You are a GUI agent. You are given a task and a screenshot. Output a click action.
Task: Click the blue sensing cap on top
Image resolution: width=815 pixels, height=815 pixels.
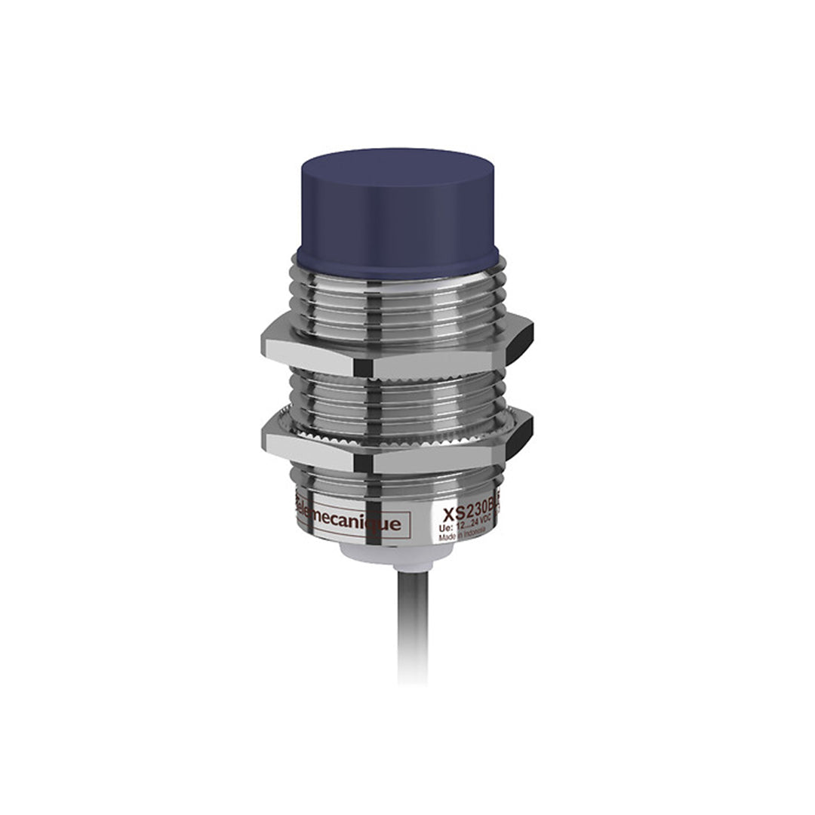click(x=400, y=211)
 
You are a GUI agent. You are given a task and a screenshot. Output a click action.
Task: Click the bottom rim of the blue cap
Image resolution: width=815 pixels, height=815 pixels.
click(x=400, y=260)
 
